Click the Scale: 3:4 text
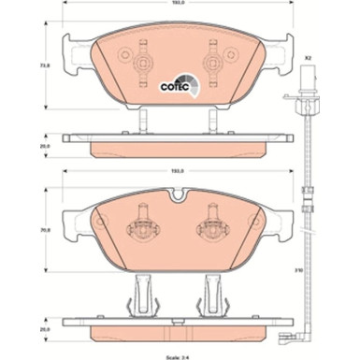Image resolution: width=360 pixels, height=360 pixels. coord(179,354)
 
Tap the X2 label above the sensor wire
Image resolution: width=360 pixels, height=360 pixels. coord(306,61)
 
